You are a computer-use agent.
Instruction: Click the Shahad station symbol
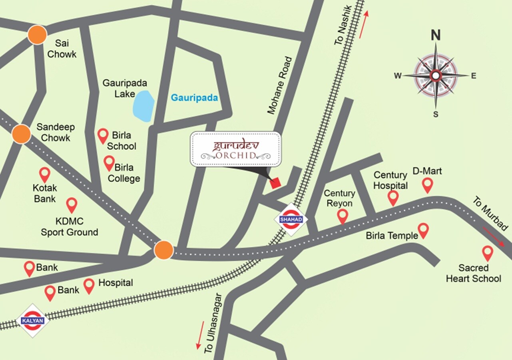291,219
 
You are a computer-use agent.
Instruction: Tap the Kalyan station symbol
32,320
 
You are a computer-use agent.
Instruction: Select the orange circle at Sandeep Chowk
21,134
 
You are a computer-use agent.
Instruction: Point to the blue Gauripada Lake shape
143,106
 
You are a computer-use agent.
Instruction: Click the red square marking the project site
275,183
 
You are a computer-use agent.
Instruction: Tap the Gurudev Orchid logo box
235,149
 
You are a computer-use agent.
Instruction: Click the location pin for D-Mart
428,185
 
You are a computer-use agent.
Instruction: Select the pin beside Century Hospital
393,198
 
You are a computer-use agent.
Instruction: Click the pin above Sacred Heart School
487,253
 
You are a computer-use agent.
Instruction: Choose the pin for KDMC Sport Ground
72,205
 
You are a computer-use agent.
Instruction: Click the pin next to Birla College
109,163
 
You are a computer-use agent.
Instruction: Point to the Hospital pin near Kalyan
89,286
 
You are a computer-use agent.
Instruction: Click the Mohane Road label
280,86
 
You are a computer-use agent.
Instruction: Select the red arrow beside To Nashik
363,25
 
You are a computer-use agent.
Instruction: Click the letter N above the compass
435,36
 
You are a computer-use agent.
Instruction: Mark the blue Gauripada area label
194,98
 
